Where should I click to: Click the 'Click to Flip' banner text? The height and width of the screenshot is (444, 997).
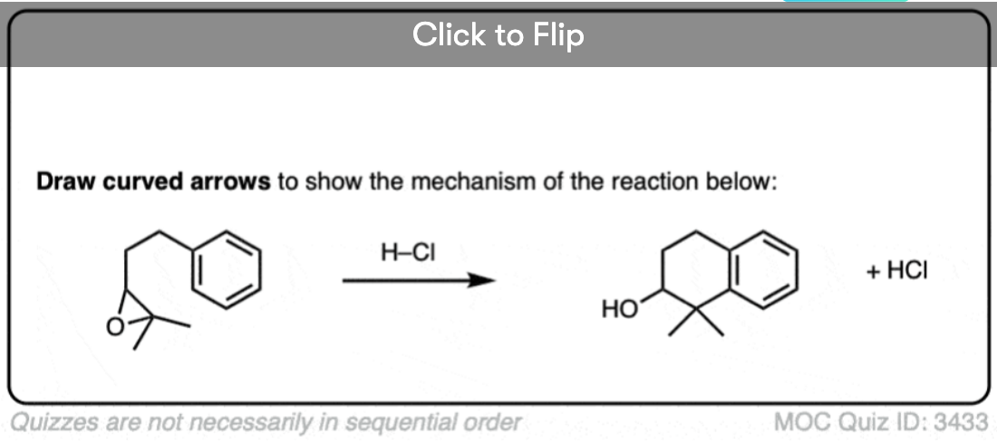point(498,35)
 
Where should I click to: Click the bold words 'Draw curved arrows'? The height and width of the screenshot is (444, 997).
point(153,182)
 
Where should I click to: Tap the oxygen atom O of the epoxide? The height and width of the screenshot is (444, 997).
point(114,327)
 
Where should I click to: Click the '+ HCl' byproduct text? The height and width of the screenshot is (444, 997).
point(896,272)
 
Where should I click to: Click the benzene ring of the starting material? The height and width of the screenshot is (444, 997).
point(227,269)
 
